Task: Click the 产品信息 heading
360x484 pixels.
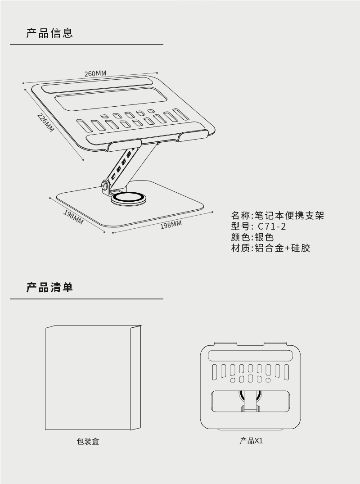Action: coord(49,33)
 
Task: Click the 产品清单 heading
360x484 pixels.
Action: coord(49,287)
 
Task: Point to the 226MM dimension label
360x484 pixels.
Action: coord(45,122)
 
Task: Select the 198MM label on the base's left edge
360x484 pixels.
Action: coord(73,217)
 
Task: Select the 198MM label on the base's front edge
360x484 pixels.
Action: coord(171,224)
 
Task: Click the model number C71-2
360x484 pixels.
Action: coord(272,226)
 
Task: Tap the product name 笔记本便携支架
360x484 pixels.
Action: coord(289,216)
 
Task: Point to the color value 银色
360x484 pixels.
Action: coord(265,237)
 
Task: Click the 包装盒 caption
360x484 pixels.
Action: coord(88,442)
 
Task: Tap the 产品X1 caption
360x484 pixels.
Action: coord(251,441)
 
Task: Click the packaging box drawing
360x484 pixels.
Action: coord(92,378)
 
